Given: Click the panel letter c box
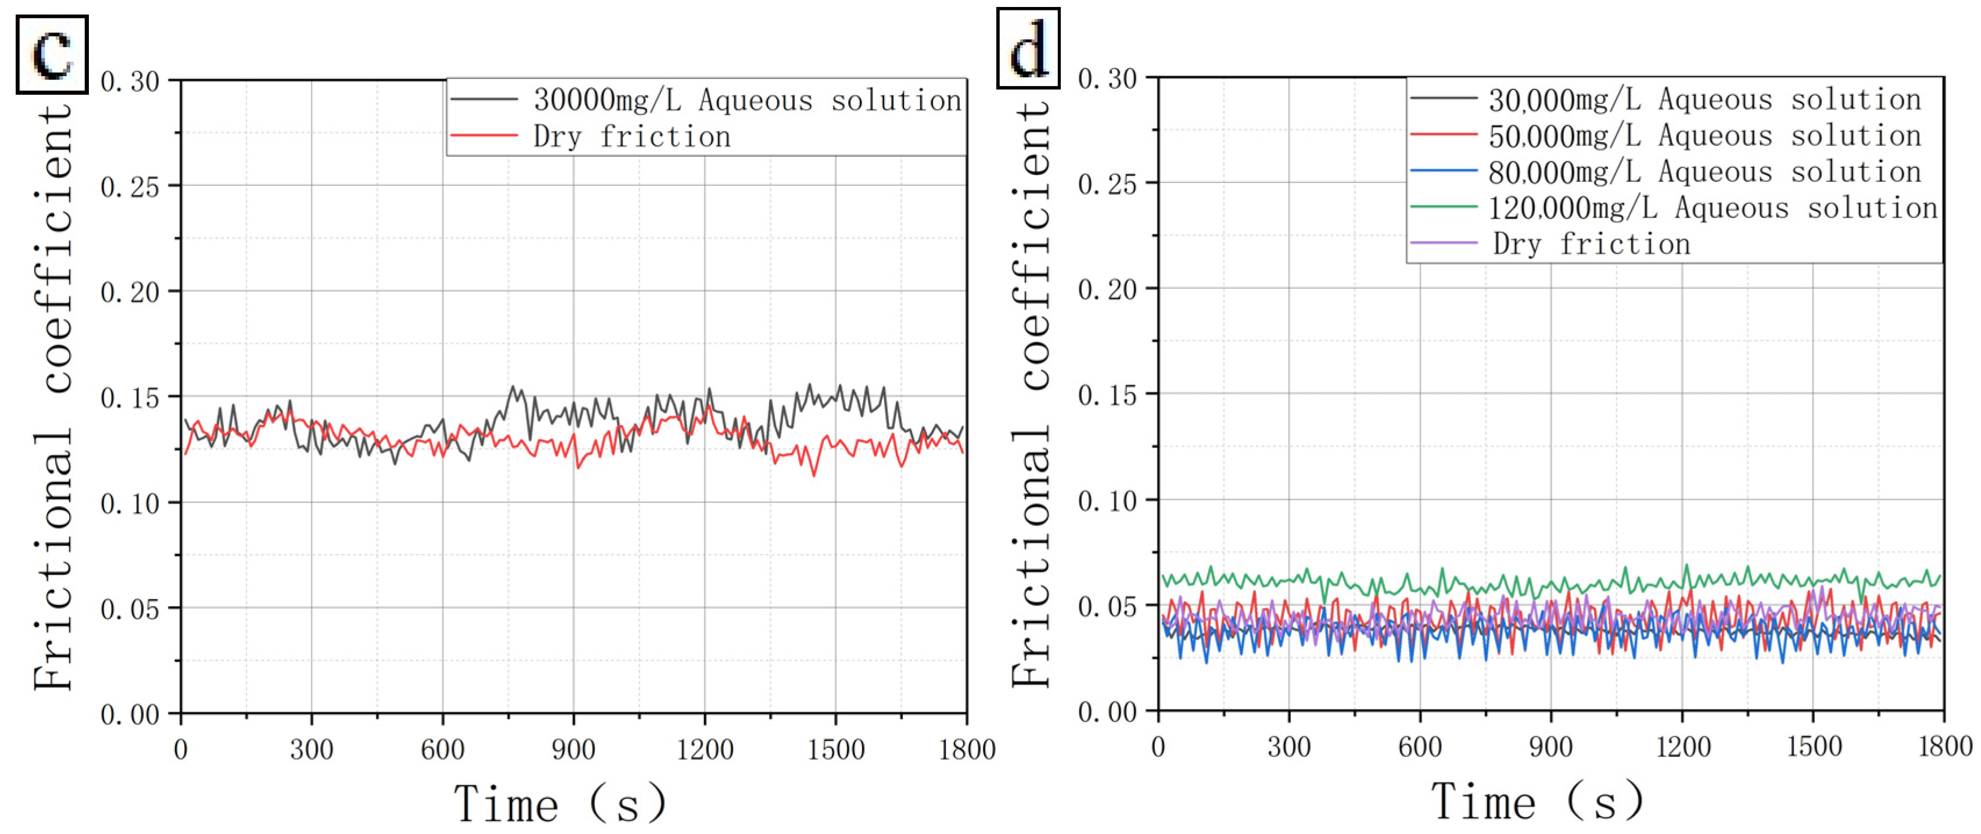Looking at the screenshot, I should [52, 54].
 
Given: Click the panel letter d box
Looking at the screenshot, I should [1028, 48].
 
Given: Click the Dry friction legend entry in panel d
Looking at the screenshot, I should [1592, 244].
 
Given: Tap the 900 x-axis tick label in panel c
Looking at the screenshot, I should [573, 749].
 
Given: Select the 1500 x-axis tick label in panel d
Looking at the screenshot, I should [1813, 746].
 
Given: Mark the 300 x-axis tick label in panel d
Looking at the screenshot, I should [1289, 746].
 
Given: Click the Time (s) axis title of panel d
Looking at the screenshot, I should [1537, 801].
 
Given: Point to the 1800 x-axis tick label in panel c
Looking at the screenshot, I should [967, 749].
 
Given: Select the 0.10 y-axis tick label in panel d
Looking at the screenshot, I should [1107, 501].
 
